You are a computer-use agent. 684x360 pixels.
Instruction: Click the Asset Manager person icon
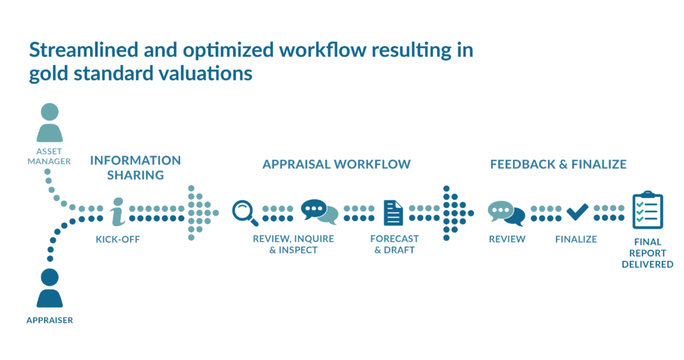pos(50,123)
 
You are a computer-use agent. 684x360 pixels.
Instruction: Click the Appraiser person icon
pos(50,287)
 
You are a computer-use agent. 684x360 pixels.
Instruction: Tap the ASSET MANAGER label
pos(50,156)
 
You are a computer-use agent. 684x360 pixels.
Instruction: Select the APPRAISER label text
pos(50,320)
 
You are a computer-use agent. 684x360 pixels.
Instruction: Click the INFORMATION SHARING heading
pos(135,167)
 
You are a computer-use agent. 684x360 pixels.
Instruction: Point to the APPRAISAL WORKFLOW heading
pos(336,165)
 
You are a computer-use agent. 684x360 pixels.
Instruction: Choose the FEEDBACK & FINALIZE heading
pos(558,165)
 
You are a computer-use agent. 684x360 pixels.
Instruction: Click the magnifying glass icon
pos(244,211)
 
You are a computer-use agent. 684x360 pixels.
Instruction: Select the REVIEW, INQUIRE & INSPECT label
pos(293,244)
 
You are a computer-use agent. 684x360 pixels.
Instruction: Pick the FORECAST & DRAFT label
pos(394,244)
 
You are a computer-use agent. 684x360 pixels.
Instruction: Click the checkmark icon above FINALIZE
pos(577,210)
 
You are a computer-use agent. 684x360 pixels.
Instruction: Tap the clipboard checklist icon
pos(647,210)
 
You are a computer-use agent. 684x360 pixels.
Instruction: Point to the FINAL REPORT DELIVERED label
pos(647,253)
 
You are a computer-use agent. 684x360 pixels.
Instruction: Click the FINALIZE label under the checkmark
pos(576,239)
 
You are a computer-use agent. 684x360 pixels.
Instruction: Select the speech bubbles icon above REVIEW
pos(506,212)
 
